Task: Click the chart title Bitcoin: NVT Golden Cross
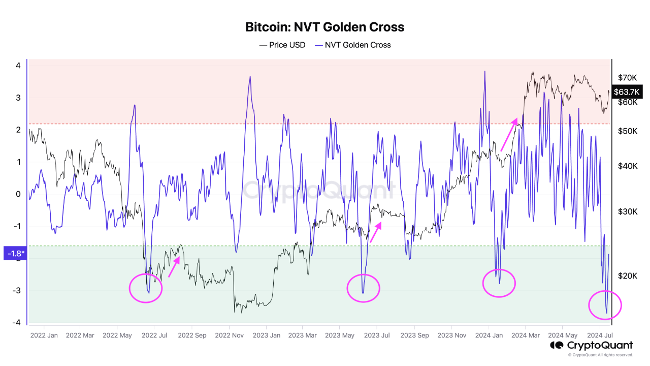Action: (x=325, y=27)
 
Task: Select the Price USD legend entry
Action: (x=282, y=45)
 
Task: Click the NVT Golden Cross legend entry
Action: (x=353, y=45)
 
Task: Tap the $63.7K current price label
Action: (x=627, y=92)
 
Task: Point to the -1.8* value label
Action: (x=14, y=253)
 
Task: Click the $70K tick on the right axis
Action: (x=627, y=78)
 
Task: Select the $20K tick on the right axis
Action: (x=627, y=276)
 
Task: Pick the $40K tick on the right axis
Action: (x=627, y=166)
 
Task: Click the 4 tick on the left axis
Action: (x=18, y=66)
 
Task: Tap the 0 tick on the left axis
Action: (x=18, y=194)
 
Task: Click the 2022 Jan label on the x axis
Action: (x=44, y=335)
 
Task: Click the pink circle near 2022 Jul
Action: (x=146, y=288)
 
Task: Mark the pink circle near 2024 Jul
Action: (x=605, y=305)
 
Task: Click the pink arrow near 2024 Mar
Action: (x=509, y=135)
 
